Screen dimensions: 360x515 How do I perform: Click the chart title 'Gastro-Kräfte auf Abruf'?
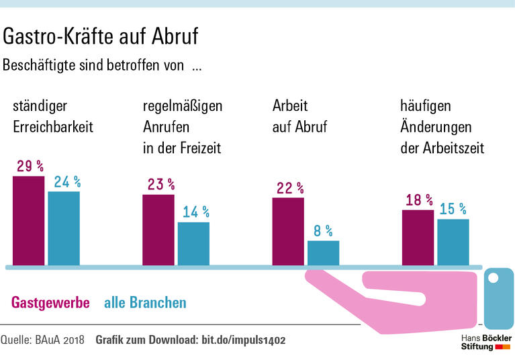click(101, 36)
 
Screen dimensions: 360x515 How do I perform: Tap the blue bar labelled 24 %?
click(64, 228)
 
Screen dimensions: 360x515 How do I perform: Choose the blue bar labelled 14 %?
click(193, 243)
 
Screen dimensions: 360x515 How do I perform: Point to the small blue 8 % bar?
click(323, 253)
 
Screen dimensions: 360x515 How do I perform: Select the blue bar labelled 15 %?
click(453, 242)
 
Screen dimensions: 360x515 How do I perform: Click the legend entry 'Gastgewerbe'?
click(51, 303)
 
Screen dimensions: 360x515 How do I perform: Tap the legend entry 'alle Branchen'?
click(145, 303)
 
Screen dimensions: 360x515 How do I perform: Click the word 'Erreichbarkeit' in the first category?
click(53, 126)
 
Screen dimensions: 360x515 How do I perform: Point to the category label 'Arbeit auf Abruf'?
click(299, 116)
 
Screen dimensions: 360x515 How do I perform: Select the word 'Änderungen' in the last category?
click(436, 126)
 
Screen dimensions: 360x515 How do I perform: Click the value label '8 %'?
click(323, 231)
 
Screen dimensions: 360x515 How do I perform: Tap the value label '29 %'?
click(30, 166)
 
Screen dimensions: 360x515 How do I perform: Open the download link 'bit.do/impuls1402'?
click(244, 340)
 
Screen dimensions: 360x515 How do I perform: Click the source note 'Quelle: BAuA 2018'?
click(42, 340)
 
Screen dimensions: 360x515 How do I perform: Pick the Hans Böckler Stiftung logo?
click(485, 341)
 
